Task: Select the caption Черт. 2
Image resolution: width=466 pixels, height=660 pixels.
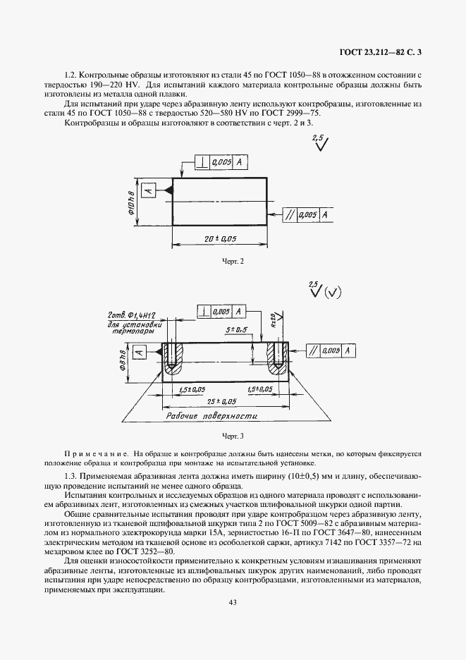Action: point(232,262)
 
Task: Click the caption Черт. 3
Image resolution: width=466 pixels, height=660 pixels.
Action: point(232,436)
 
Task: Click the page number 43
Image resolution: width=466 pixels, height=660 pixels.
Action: point(233,601)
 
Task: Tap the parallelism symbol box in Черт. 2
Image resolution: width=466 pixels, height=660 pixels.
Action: point(290,214)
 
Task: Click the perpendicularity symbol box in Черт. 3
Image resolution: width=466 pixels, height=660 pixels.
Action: point(204,311)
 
